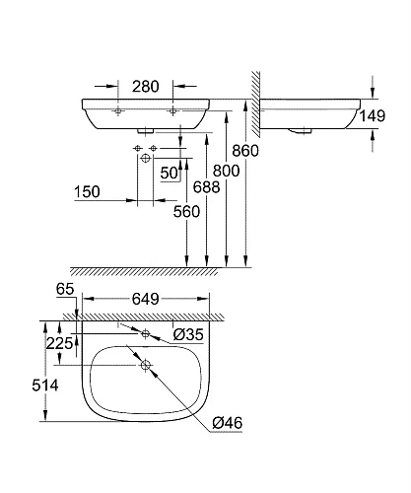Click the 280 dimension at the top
point(146,88)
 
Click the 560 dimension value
point(188,211)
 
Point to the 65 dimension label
point(66,289)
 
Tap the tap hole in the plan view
point(145,334)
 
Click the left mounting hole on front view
point(117,112)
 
